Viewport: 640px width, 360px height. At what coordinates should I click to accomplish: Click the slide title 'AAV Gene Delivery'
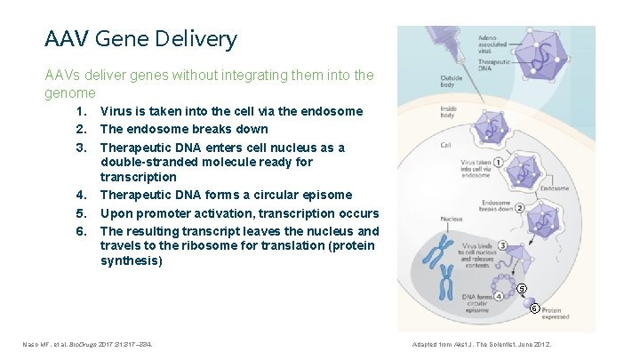pyautogui.click(x=140, y=39)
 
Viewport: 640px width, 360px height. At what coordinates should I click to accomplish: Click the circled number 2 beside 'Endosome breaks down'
pyautogui.click(x=519, y=208)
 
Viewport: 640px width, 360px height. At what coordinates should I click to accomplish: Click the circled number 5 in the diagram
pyautogui.click(x=523, y=288)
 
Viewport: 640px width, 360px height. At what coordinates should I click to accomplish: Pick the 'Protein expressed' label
pyautogui.click(x=558, y=314)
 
